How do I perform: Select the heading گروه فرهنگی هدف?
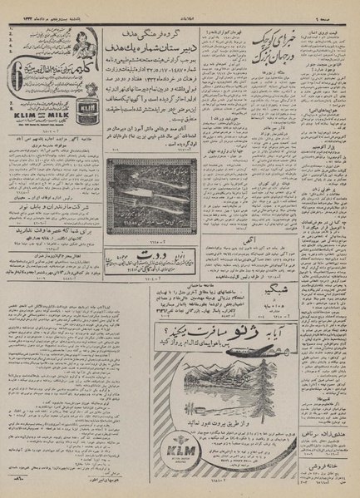click(x=158, y=39)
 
